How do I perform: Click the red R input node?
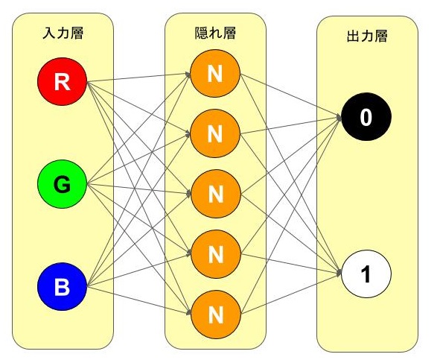[x=63, y=82]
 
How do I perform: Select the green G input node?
[x=63, y=183]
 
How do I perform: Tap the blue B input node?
[x=63, y=286]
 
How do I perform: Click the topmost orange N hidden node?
[x=215, y=73]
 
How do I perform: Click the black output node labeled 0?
[x=366, y=118]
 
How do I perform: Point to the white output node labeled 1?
[x=366, y=274]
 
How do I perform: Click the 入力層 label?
[x=63, y=34]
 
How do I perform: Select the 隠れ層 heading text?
[x=215, y=34]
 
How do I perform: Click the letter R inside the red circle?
[x=63, y=82]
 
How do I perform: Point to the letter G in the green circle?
[x=63, y=183]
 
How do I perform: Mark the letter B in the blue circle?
[x=63, y=286]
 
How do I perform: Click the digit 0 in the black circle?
[x=366, y=118]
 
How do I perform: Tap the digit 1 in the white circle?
[x=366, y=274]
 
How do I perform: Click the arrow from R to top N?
[x=138, y=78]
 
